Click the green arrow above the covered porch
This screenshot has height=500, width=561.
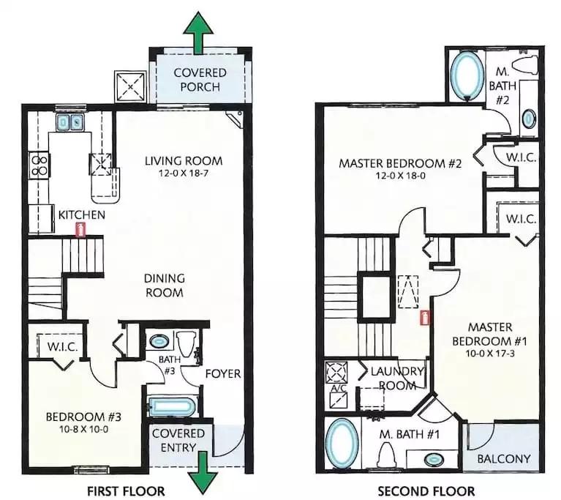[198, 33]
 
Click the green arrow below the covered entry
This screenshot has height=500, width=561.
[202, 473]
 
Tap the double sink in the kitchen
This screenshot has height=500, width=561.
[69, 122]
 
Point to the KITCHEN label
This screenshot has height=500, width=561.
[82, 215]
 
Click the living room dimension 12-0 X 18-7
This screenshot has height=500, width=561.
[183, 173]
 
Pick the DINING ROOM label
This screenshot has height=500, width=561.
[165, 286]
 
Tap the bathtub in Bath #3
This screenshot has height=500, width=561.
[172, 407]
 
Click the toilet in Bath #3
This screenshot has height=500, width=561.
[187, 344]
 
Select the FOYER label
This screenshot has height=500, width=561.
[223, 373]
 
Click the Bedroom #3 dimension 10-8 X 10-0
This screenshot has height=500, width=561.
[83, 429]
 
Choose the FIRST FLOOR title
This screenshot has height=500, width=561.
[126, 491]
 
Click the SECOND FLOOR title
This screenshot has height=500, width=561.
[426, 491]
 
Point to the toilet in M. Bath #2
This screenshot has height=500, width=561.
[525, 67]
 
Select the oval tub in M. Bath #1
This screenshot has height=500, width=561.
[342, 444]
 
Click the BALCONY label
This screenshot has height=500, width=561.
[504, 458]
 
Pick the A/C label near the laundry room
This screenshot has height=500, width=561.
[336, 388]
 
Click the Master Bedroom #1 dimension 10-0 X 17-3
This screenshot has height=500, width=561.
[490, 354]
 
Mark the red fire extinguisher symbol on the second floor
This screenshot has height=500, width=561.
[425, 318]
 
